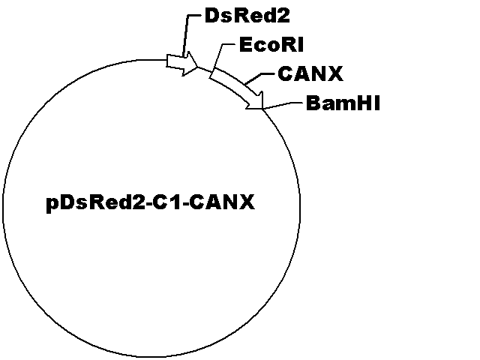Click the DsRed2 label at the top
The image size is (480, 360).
[247, 16]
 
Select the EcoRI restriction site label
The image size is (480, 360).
[271, 45]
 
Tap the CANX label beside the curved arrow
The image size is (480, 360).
[310, 73]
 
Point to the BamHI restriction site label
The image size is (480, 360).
[343, 103]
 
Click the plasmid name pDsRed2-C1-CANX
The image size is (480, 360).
[150, 202]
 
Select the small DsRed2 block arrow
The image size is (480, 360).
[182, 63]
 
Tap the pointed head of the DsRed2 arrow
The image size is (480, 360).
[198, 66]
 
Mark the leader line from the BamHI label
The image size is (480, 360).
[283, 105]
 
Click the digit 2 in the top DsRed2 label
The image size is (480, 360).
[283, 16]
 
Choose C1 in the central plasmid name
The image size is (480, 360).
[169, 202]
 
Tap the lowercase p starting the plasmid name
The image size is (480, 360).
[52, 205]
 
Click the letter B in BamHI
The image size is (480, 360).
[313, 103]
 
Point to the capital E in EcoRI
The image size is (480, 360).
[245, 45]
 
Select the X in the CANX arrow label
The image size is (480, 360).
[335, 73]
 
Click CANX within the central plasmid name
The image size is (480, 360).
[222, 202]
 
